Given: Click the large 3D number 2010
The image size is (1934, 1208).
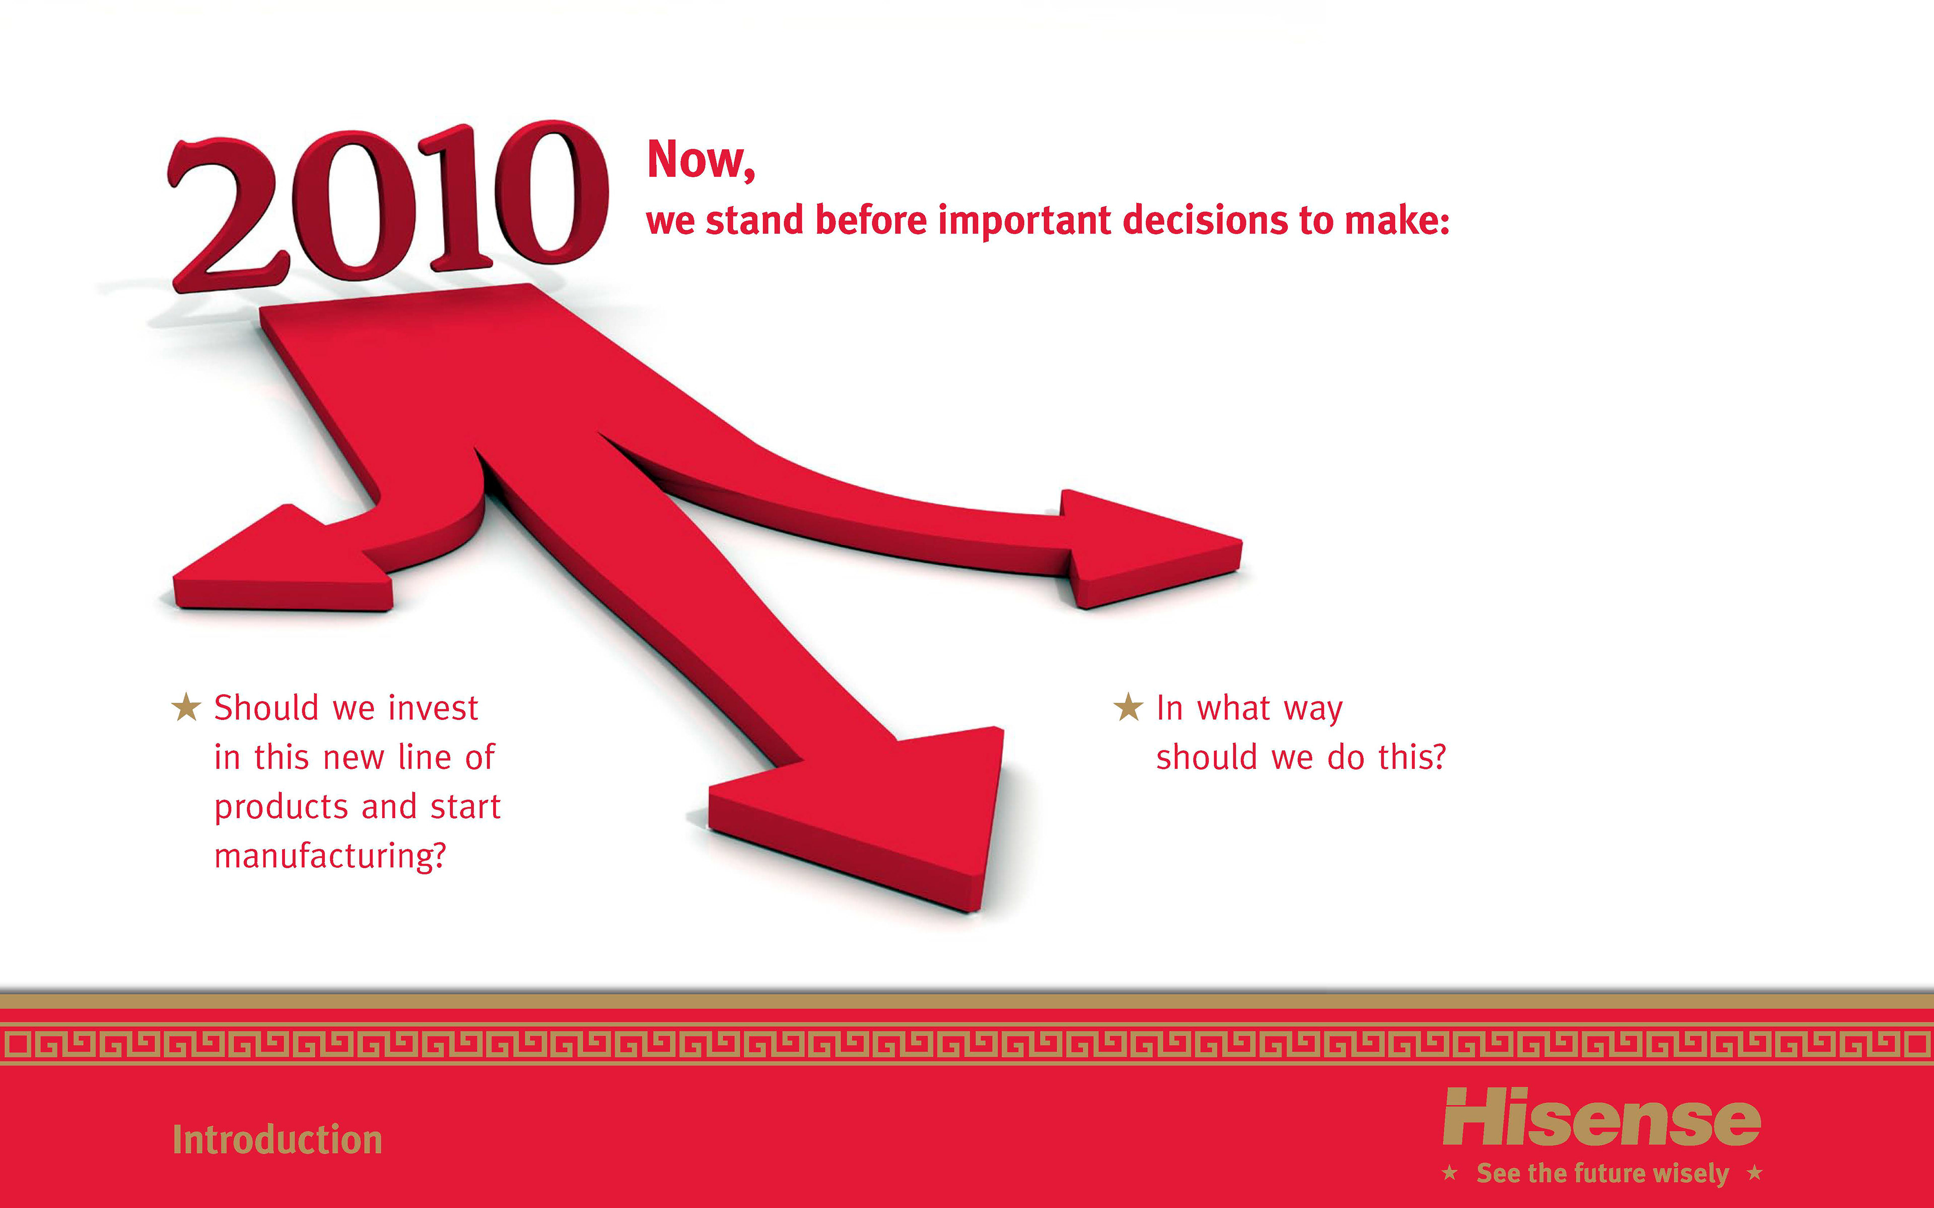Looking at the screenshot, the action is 388,206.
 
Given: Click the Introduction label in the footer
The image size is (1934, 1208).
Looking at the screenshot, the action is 278,1139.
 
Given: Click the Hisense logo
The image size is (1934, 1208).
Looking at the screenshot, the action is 1602,1117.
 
